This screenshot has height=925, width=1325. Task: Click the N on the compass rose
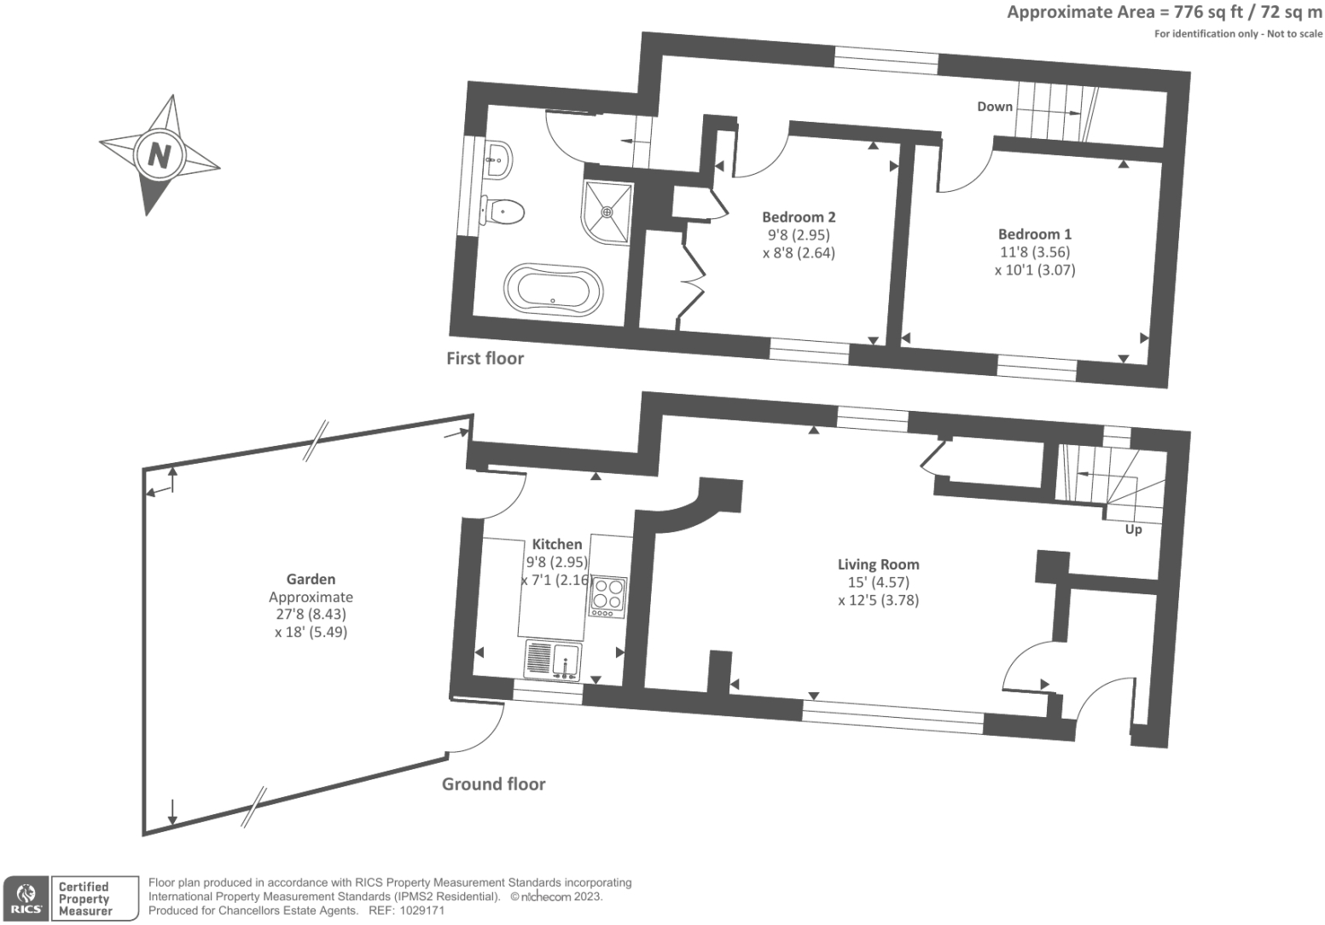[x=159, y=155]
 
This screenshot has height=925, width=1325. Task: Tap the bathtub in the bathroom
[x=553, y=288]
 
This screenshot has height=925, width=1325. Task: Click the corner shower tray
[x=607, y=211]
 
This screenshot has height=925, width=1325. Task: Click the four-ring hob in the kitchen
[x=607, y=595]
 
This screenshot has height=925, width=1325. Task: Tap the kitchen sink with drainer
[x=554, y=660]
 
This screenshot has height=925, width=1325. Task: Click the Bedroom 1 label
[x=1035, y=234]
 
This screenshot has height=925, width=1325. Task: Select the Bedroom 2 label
[x=799, y=217]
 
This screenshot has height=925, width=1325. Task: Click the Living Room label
[x=878, y=564]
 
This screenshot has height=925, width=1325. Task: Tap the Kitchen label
[x=557, y=544]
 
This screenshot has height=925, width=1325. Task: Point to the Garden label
[x=311, y=579]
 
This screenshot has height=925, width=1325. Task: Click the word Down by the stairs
[x=995, y=107]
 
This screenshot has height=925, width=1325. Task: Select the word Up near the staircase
[x=1133, y=529]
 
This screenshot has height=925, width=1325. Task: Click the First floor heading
[x=485, y=358]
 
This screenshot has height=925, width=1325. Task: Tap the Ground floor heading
[x=493, y=784]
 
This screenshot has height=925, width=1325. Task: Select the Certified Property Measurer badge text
[x=85, y=899]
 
